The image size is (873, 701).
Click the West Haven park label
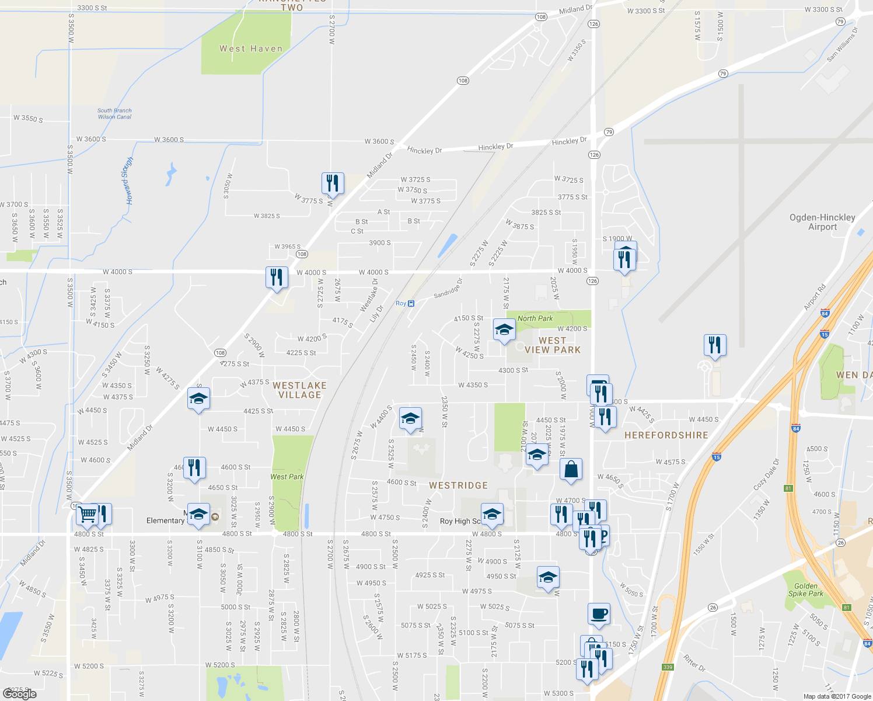pos(251,49)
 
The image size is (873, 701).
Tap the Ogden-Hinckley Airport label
pos(822,222)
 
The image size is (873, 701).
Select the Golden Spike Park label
pos(805,590)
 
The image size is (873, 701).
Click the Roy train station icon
pos(411,303)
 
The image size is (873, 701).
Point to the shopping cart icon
pos(87,515)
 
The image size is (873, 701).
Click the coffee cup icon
pos(599,615)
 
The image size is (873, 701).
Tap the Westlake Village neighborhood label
pos(299,390)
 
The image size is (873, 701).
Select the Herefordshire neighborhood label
pos(666,435)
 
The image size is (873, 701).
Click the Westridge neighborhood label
pos(458,485)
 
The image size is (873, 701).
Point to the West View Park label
pos(552,345)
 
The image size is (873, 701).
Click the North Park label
pos(535,318)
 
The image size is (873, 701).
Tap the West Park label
pos(287,477)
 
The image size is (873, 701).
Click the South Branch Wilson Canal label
pos(114,113)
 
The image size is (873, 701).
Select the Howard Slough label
pos(127,180)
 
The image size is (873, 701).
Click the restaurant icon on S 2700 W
pos(332,183)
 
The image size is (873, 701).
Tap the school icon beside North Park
pos(504,330)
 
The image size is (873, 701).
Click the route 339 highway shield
pos(668,667)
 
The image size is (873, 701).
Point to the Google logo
pos(20,693)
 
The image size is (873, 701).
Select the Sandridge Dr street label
pos(448,289)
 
